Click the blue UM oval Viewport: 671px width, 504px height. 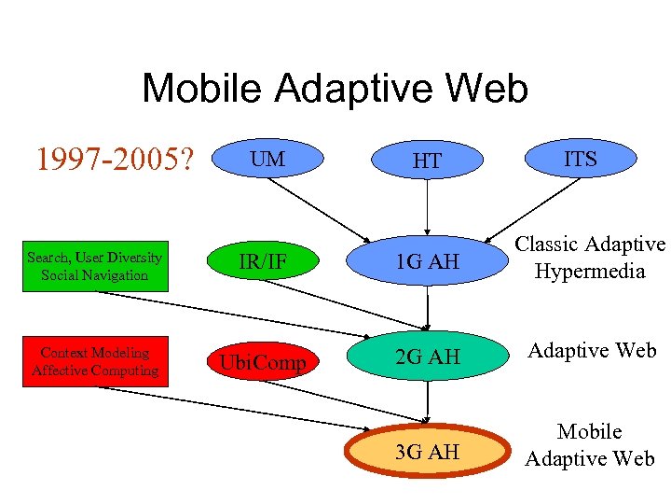pyautogui.click(x=267, y=161)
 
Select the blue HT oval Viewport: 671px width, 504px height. pyautogui.click(x=427, y=161)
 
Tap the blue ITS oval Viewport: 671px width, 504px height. pyautogui.click(x=581, y=160)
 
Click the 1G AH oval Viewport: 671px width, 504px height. pyautogui.click(x=428, y=262)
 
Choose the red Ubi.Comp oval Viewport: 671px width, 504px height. pyautogui.click(x=263, y=362)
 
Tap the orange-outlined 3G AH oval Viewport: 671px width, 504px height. pyautogui.click(x=428, y=453)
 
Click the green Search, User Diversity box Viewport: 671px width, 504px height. pyautogui.click(x=94, y=266)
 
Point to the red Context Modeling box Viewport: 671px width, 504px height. pyautogui.click(x=94, y=362)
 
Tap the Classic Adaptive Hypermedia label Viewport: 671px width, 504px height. pyautogui.click(x=590, y=258)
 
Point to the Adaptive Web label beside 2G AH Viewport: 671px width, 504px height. pyautogui.click(x=592, y=351)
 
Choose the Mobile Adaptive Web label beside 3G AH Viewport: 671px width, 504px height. pyautogui.click(x=590, y=445)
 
